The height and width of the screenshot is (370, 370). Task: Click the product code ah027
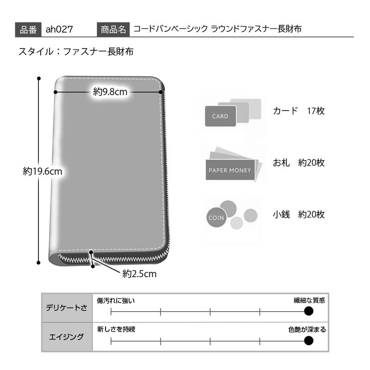59,30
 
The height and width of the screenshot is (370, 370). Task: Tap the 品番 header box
28,30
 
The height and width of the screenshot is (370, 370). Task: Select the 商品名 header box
113,30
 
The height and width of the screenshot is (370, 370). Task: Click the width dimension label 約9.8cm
110,92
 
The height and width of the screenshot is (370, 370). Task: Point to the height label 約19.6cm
43,171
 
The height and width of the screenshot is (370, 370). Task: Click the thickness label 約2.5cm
139,274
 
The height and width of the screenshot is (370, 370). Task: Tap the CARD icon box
221,116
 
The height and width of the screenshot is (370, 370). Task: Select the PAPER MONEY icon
230,170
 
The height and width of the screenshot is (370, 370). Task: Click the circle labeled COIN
216,217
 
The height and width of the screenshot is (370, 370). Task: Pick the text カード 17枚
299,111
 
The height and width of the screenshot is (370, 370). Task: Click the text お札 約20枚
299,163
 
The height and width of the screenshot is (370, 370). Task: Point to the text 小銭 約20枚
299,215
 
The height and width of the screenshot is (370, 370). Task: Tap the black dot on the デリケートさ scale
308,311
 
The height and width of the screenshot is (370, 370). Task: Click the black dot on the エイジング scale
308,340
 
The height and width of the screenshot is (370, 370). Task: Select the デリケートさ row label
67,308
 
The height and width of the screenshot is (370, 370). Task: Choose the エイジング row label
66,337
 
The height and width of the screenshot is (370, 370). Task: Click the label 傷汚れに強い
116,301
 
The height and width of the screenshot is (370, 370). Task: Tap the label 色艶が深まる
307,329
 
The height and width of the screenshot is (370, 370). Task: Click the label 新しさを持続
116,329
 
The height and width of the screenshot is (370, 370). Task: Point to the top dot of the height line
39,78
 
